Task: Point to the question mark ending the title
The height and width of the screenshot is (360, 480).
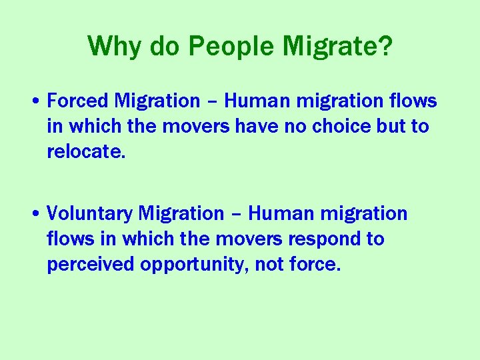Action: pos(385,46)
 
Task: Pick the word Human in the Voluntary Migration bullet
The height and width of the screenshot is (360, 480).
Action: pos(279,214)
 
